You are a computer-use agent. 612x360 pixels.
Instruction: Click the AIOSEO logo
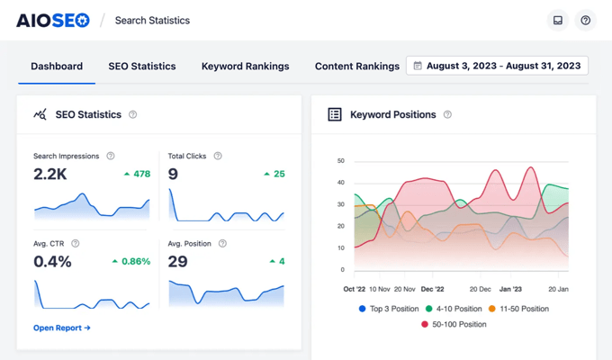tap(53, 20)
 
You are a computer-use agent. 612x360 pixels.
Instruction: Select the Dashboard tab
tap(57, 66)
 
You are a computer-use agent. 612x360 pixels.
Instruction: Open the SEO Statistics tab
tap(142, 66)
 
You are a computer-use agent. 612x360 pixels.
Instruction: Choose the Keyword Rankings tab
tap(245, 66)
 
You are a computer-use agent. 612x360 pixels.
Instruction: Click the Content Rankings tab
tap(356, 66)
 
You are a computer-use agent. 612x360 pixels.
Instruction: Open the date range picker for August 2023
tap(497, 66)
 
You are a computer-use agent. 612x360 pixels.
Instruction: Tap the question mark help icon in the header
tap(585, 20)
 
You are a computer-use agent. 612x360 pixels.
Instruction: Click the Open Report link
tap(62, 328)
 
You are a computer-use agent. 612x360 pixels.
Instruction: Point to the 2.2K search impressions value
tap(50, 174)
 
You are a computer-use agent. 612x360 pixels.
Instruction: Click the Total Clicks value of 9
tap(173, 174)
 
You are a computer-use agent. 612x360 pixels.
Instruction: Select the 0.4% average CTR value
tap(52, 261)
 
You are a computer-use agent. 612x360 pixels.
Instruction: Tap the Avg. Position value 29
tap(178, 261)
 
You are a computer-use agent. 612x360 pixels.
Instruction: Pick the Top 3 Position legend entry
tap(389, 309)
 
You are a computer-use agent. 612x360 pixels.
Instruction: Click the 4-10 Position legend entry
tap(458, 309)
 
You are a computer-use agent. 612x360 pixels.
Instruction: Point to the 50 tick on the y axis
tap(340, 161)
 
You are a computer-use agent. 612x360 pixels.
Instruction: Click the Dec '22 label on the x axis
tap(433, 290)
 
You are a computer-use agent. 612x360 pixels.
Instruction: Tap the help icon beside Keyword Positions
tap(447, 114)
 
